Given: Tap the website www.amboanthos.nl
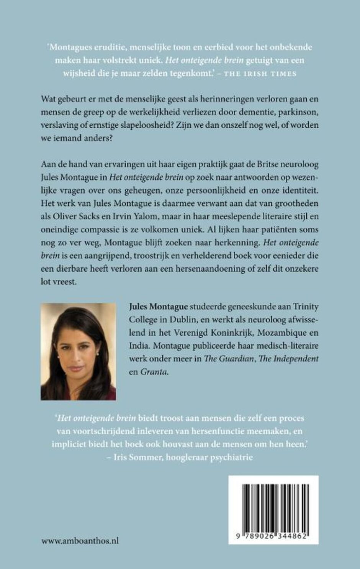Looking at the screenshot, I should [x=80, y=541].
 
